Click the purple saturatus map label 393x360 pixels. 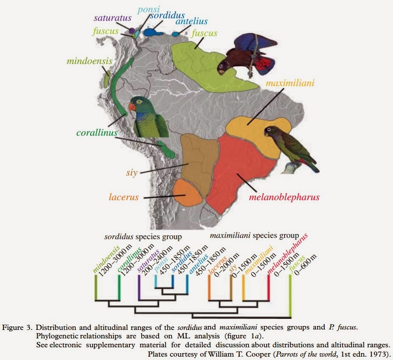coord(112,18)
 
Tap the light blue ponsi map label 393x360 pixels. coord(149,10)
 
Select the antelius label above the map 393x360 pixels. coord(192,21)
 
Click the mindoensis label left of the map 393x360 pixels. coord(89,61)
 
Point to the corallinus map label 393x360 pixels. coord(97,132)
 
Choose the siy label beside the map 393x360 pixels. coord(132,173)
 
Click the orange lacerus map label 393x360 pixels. coord(123,197)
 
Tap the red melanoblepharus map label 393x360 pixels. coord(284,197)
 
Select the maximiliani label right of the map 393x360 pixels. coord(290,83)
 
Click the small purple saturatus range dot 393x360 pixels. coord(132,31)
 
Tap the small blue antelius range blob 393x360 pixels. coord(176,34)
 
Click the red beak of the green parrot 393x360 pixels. coord(132,107)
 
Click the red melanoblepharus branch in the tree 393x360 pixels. coord(268,287)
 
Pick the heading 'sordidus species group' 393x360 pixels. coord(143,237)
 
